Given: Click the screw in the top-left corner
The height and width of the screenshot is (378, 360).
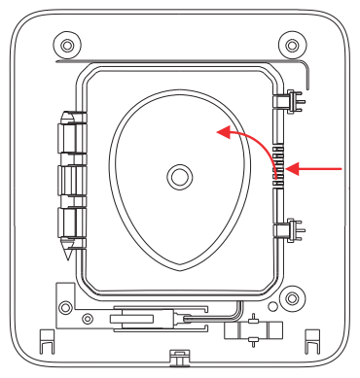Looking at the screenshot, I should [x=66, y=46].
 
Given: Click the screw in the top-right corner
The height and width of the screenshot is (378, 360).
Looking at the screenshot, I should [x=289, y=46].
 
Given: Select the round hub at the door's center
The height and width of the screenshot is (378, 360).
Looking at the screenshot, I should [x=178, y=176].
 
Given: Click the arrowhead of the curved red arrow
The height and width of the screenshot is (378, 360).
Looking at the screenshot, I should [x=224, y=130].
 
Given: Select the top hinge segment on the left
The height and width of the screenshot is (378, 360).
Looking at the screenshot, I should [x=69, y=135].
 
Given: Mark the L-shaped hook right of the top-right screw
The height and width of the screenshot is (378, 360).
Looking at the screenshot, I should [x=307, y=75].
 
